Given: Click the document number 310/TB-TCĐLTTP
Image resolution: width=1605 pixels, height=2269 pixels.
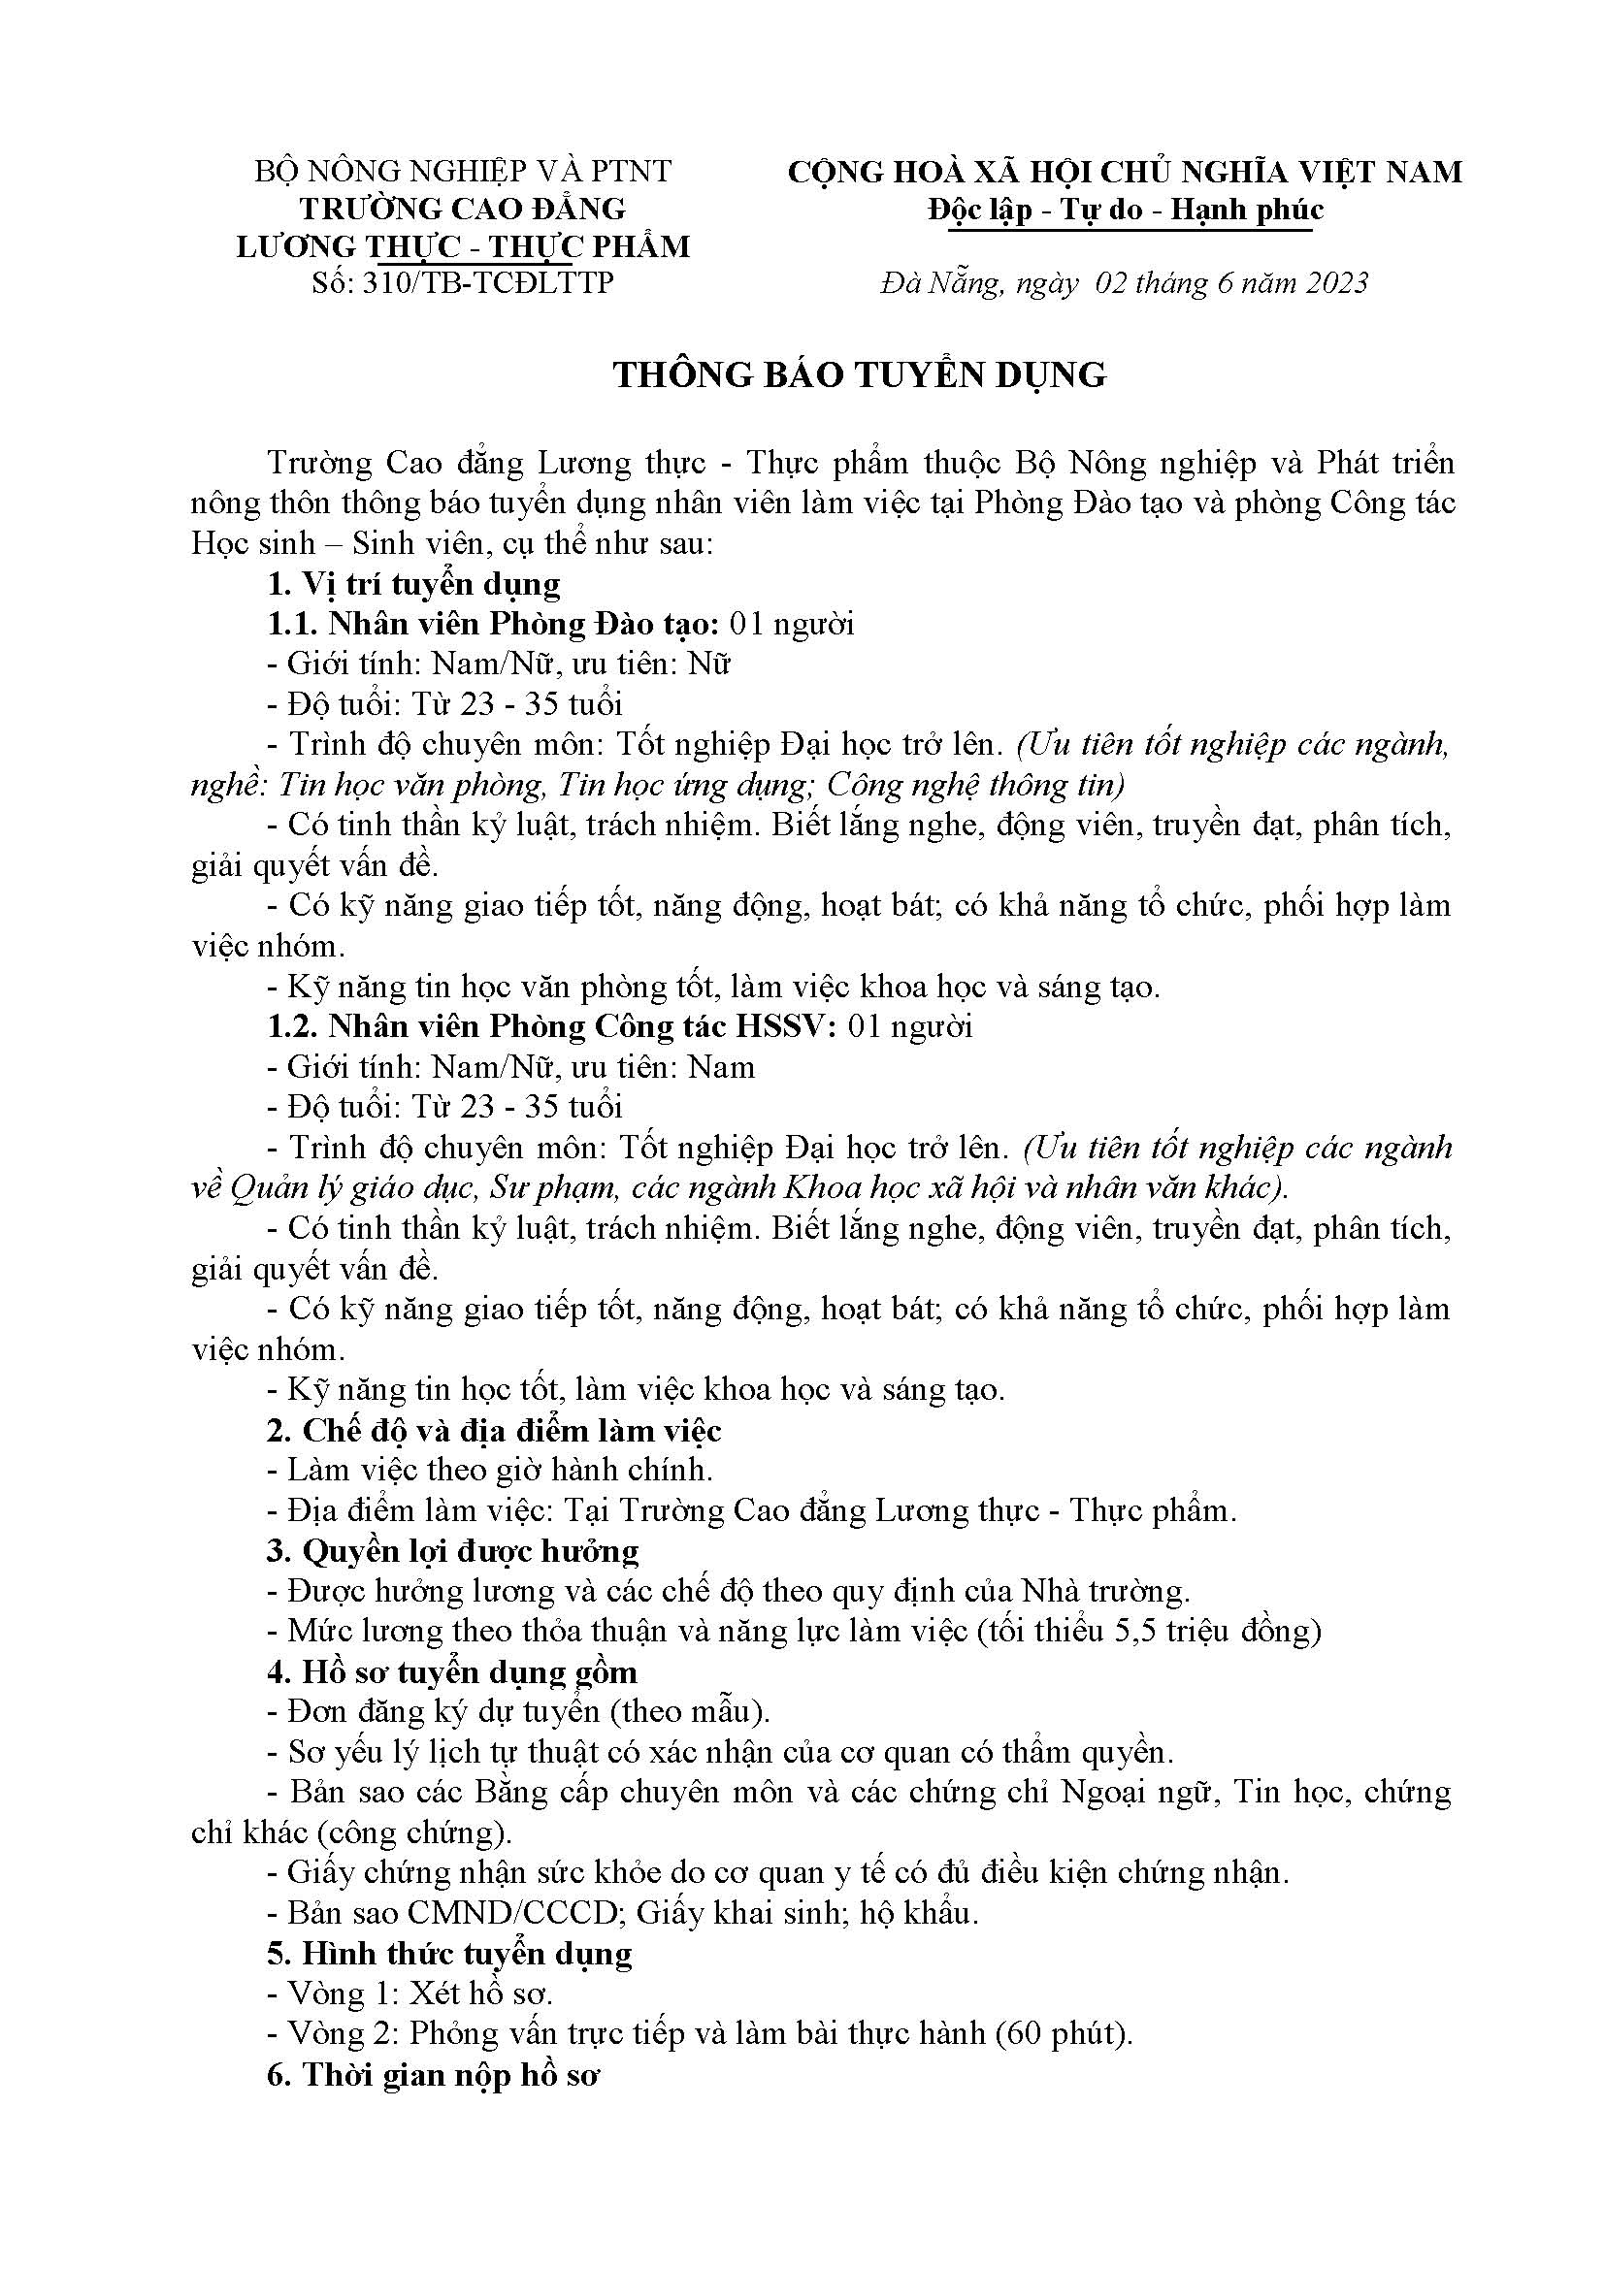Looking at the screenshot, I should click(488, 282).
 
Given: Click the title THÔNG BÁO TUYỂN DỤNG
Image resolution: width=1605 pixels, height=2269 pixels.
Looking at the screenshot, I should click(860, 374).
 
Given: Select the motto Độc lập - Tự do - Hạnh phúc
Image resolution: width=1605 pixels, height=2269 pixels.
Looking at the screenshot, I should click(1126, 211).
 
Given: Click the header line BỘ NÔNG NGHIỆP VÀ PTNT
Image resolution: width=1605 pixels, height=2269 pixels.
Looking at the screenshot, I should click(463, 171).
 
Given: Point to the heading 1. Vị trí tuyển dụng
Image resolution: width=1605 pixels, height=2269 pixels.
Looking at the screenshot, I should click(413, 584).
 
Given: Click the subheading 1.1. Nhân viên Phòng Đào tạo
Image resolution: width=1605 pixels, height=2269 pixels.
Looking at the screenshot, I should click(492, 624).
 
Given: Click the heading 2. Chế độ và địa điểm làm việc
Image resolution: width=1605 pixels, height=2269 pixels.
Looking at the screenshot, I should click(493, 1430).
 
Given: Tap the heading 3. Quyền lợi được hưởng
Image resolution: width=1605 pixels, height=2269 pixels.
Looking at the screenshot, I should click(451, 1550).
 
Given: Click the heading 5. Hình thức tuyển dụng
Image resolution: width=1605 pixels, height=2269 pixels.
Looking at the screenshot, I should click(448, 1954).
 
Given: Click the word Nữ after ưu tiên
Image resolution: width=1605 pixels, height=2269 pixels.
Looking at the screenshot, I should click(708, 664).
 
